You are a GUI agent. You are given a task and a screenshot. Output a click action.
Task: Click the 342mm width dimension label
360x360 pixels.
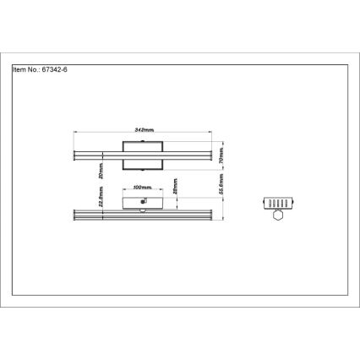pyautogui.click(x=145, y=129)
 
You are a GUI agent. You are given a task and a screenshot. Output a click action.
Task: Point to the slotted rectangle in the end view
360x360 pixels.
pyautogui.click(x=276, y=203)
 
